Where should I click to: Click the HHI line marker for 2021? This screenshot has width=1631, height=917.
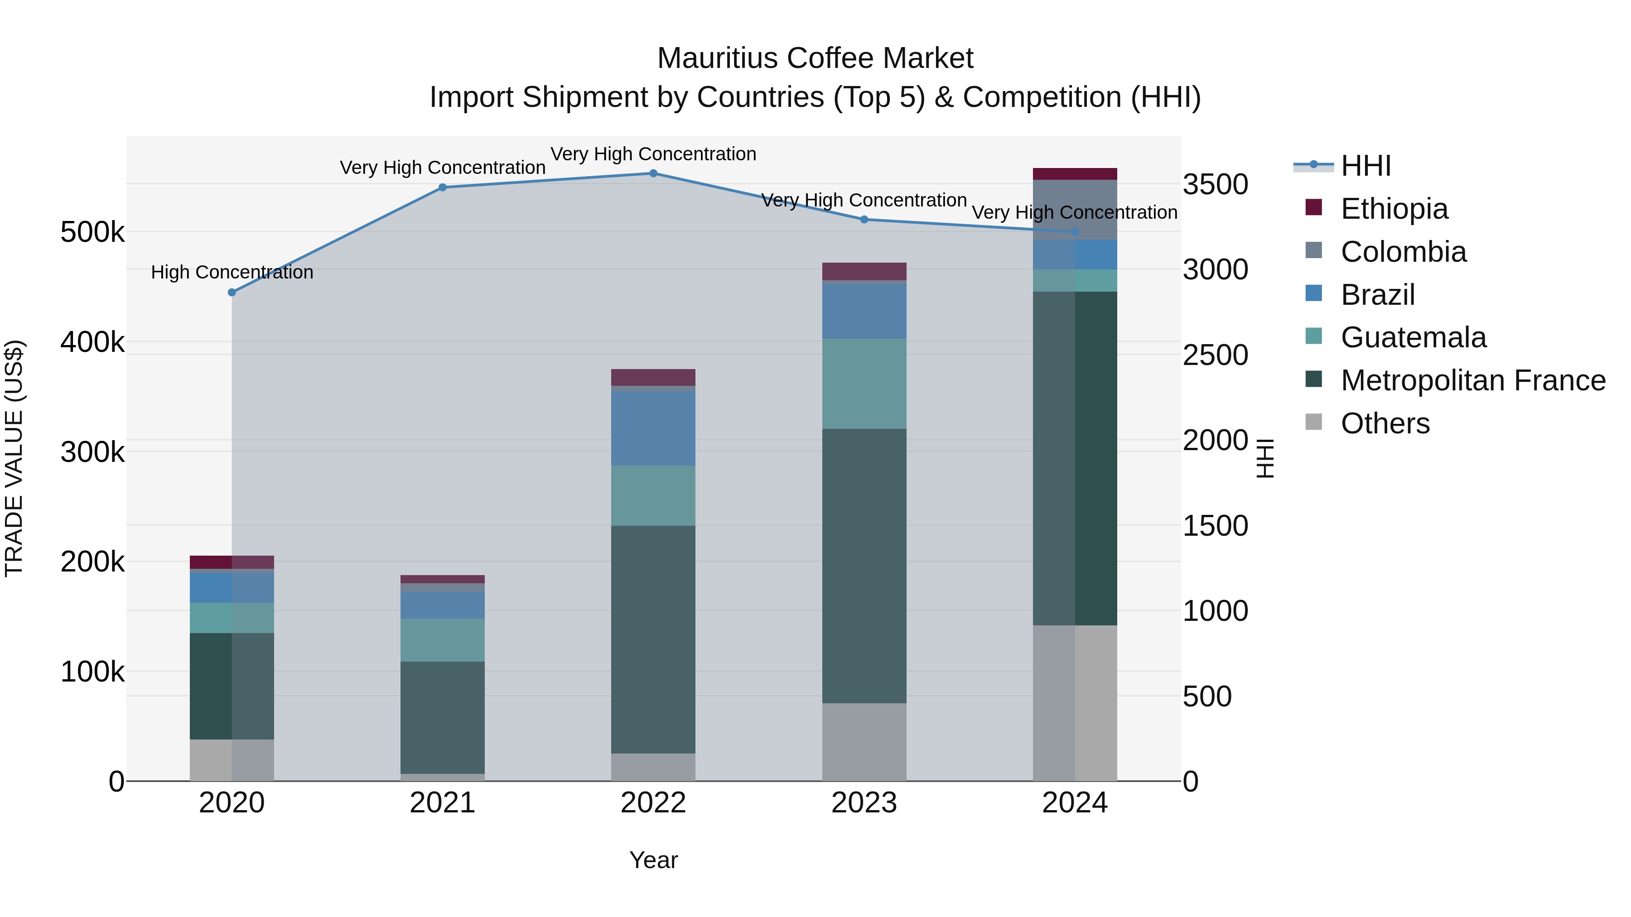click(443, 187)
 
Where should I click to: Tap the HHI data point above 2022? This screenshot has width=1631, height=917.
click(653, 173)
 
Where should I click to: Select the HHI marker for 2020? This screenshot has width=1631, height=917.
click(232, 293)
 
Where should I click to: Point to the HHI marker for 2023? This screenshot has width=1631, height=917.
click(864, 220)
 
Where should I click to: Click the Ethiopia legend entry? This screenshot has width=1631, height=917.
click(1394, 209)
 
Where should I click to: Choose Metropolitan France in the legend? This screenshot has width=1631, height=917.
click(1473, 380)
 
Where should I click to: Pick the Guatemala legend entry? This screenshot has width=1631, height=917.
click(1413, 337)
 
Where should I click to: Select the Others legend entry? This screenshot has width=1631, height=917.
click(1385, 423)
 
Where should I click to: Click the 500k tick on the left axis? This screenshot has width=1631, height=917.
click(92, 232)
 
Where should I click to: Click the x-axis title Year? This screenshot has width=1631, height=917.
click(653, 860)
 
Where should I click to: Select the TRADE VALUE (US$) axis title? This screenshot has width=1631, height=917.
click(14, 458)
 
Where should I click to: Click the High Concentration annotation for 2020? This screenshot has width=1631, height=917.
click(232, 272)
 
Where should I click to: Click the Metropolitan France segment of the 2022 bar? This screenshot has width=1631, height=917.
click(653, 639)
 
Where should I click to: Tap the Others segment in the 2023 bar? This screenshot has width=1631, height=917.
click(864, 742)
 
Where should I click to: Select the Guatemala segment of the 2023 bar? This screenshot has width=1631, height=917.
click(864, 384)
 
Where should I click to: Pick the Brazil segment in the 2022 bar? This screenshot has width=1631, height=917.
click(653, 428)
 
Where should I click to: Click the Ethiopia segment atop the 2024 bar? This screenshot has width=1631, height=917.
click(1075, 174)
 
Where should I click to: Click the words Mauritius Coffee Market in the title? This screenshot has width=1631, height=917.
click(815, 58)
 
